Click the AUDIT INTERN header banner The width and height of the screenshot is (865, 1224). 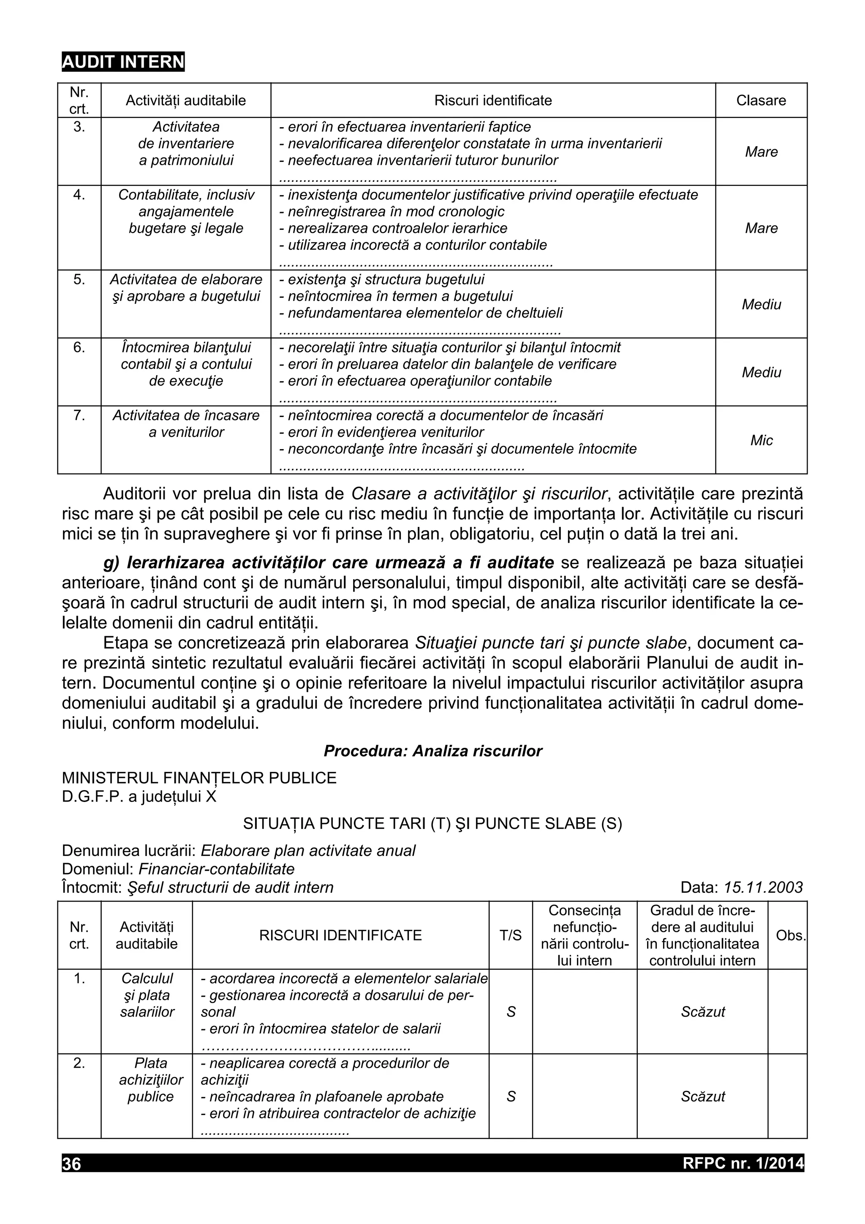tap(123, 62)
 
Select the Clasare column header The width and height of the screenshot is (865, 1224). tap(761, 100)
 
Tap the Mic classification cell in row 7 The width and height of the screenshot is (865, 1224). tap(761, 440)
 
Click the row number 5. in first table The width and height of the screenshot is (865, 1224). tap(79, 279)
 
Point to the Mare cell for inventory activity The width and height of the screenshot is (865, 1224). tap(761, 152)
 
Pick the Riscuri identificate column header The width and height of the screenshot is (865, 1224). tap(492, 100)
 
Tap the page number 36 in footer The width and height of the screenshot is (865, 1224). tap(72, 1163)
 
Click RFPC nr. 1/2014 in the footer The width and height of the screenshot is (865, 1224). tap(743, 1163)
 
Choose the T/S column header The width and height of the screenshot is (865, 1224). tap(510, 935)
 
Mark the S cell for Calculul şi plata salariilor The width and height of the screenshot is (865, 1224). tap(511, 1011)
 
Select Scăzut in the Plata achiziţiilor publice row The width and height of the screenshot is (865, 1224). tap(702, 1096)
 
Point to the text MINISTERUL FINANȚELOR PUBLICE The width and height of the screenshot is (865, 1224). tap(199, 777)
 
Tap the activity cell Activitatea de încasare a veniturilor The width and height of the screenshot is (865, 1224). tap(186, 423)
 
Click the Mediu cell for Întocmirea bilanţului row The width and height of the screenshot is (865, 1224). tap(761, 372)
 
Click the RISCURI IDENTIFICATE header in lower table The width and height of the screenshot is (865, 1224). tap(340, 935)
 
